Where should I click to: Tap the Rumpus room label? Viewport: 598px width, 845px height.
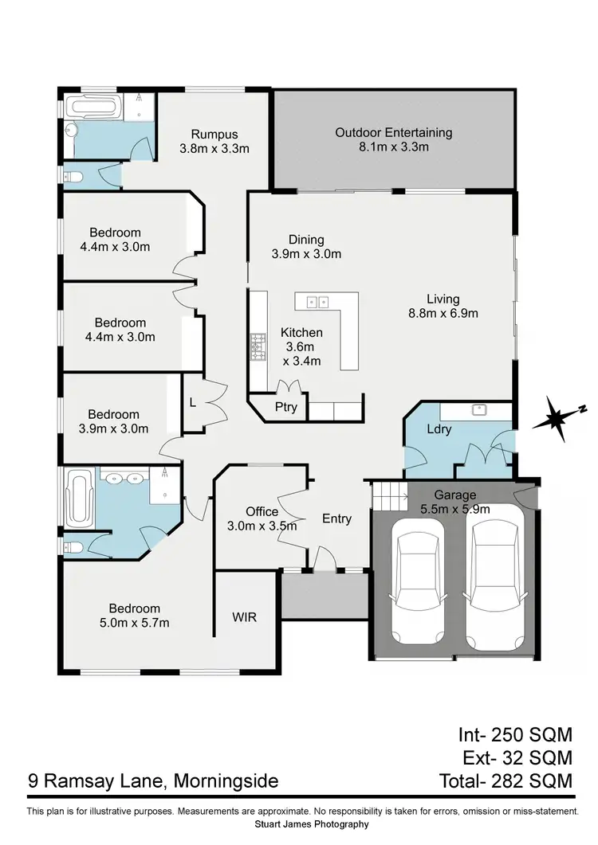click(x=214, y=134)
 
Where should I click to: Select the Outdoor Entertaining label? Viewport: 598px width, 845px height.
click(x=393, y=132)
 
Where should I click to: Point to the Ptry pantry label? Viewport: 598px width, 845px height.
click(x=285, y=407)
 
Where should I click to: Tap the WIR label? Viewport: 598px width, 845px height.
click(x=244, y=616)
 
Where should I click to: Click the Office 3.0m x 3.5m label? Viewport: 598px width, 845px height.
click(x=262, y=518)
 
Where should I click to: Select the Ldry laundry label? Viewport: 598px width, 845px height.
click(x=439, y=429)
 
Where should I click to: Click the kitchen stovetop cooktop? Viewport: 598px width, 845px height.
click(x=258, y=346)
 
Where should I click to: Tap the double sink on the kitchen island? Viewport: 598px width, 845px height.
click(x=318, y=301)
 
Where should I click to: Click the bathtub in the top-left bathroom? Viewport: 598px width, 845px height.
click(x=104, y=107)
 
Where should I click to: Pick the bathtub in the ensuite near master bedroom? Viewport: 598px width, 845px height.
click(x=80, y=495)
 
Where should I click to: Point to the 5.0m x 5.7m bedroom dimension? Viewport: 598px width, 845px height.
click(x=129, y=623)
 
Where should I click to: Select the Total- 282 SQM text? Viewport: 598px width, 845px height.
click(x=506, y=781)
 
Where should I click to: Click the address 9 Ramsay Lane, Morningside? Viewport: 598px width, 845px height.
click(x=153, y=781)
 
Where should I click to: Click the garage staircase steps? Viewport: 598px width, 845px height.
click(x=390, y=498)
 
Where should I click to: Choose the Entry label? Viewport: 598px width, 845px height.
click(x=336, y=518)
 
